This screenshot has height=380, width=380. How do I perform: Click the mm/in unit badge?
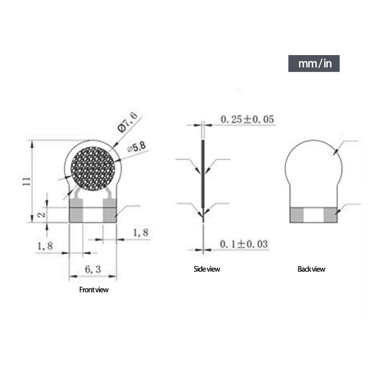click(x=314, y=64)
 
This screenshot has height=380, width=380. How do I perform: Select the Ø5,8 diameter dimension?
click(x=138, y=147)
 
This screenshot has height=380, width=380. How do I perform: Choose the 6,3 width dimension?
click(x=93, y=269)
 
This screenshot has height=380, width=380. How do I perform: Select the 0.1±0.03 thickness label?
click(x=244, y=244)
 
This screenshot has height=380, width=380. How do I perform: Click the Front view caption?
click(x=94, y=290)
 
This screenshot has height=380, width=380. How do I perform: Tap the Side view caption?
click(x=207, y=269)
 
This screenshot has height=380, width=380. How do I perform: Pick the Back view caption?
click(x=312, y=269)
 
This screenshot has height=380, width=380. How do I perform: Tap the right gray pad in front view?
click(x=109, y=215)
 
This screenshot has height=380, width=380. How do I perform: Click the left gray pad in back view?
click(x=297, y=215)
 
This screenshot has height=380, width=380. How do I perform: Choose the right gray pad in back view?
click(x=331, y=215)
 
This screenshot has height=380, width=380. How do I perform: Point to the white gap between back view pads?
click(x=313, y=215)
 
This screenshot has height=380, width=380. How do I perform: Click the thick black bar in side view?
click(x=203, y=176)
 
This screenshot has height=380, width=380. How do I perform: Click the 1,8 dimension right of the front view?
click(x=141, y=233)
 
